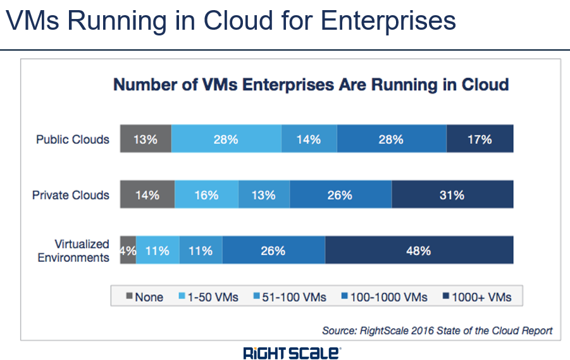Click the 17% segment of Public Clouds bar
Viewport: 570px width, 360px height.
(x=480, y=139)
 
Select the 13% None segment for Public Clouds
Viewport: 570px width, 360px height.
(x=145, y=139)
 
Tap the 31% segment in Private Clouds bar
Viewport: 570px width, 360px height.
(x=452, y=195)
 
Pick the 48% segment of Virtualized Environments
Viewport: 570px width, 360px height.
(x=419, y=251)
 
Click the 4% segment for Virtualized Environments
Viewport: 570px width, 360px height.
(x=128, y=251)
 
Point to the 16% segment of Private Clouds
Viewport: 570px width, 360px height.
(x=206, y=195)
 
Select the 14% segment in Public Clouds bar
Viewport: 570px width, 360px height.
(x=309, y=139)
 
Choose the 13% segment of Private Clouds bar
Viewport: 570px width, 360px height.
(x=264, y=195)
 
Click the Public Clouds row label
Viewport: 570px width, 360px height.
(x=72, y=139)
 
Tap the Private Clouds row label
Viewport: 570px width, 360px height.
(x=71, y=195)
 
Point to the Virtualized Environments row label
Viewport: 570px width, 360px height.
(x=73, y=251)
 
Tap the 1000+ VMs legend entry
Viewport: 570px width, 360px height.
(x=476, y=297)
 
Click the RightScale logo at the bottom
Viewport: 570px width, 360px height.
(x=292, y=352)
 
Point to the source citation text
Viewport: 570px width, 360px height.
(x=437, y=330)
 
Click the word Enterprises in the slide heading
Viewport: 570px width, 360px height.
(x=388, y=22)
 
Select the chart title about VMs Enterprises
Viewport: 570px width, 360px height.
(x=311, y=85)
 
